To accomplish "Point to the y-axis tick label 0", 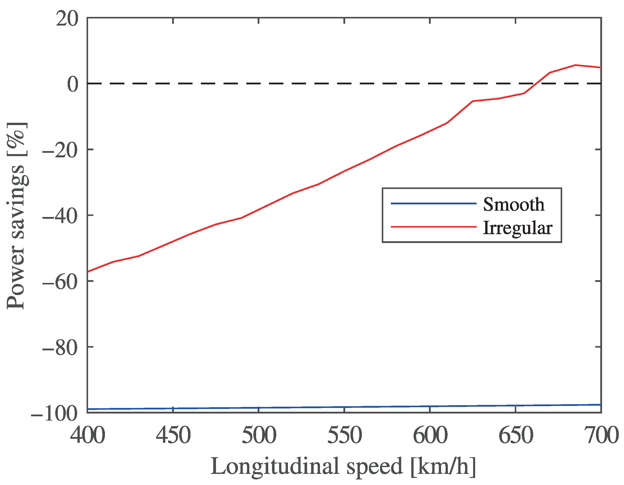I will [x=73, y=84].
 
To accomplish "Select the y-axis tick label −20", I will [x=60, y=150].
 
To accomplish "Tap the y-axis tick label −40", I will [x=60, y=216].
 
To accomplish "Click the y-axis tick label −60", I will [x=60, y=282].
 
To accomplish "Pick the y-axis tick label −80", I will [x=60, y=348].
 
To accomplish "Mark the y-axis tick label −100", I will [x=54, y=414].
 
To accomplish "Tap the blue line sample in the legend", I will [x=433, y=204].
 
